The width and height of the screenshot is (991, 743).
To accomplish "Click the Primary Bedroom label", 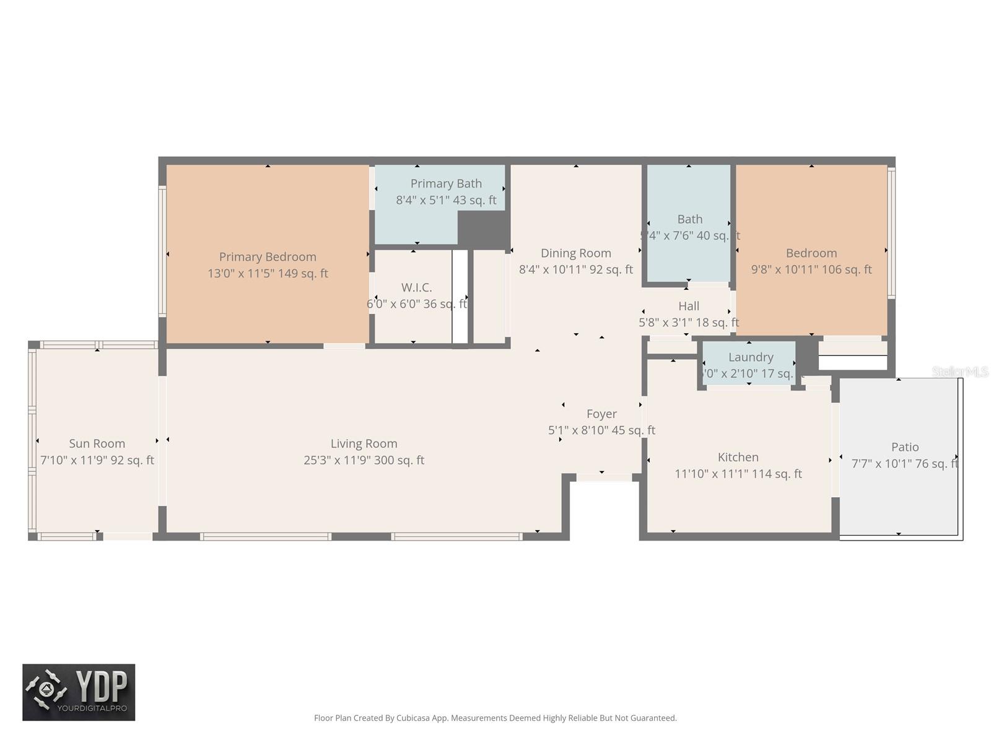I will click(268, 257).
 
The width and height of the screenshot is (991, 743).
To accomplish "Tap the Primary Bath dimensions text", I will click(446, 200).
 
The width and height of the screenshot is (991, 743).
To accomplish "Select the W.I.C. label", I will click(416, 287).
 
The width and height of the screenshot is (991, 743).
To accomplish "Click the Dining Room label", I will click(575, 253).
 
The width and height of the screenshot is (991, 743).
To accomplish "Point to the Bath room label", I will click(689, 219).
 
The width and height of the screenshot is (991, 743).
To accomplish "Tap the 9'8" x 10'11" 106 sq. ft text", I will click(811, 269).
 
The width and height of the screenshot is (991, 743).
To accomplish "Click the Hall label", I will click(688, 306).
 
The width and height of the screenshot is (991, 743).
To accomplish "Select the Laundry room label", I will click(750, 357).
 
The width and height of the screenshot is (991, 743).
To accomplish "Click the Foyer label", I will click(601, 414).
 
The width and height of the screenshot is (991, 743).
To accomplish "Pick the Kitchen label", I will click(738, 457).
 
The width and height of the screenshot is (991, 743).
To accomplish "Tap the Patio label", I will click(904, 447).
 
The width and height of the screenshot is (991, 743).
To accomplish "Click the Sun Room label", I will click(97, 443).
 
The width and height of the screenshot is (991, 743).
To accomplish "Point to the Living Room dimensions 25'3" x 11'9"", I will click(364, 460).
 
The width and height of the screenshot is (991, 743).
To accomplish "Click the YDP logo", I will click(79, 692).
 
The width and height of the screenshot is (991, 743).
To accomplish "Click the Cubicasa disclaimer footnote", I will click(495, 718).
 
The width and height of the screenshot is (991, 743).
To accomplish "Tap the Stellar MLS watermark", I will click(959, 371).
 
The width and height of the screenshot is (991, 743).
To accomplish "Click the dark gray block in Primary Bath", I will click(482, 230).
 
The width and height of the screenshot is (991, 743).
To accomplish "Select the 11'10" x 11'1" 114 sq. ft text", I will click(738, 474).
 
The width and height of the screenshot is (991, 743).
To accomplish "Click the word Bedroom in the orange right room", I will click(811, 253).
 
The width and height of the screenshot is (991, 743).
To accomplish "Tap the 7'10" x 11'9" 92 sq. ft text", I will click(97, 460).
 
